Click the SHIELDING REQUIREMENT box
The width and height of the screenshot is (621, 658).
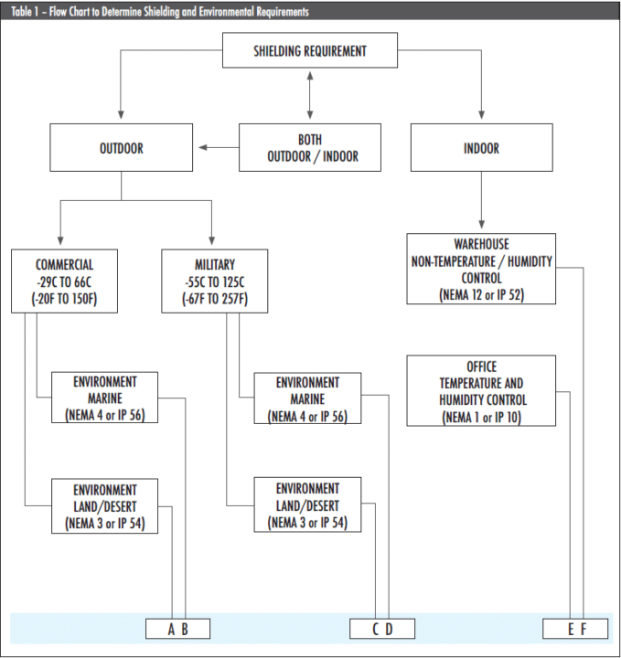(x=310, y=50)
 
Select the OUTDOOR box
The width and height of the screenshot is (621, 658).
(x=121, y=148)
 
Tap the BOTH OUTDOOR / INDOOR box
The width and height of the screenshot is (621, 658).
(x=310, y=148)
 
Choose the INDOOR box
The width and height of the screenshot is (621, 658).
(x=481, y=148)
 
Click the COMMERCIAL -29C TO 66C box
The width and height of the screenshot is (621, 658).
(x=64, y=280)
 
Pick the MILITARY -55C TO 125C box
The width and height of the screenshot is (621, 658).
(x=215, y=280)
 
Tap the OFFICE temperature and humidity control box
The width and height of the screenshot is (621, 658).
(x=481, y=391)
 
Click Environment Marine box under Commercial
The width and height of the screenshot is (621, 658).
(x=105, y=398)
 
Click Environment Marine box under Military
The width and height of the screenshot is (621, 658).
(x=307, y=398)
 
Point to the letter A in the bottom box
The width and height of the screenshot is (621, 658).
(x=171, y=629)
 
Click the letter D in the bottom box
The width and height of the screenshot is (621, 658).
(x=389, y=629)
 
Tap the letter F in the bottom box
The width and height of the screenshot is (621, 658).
(x=582, y=629)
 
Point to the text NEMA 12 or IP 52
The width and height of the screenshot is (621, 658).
(x=481, y=295)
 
